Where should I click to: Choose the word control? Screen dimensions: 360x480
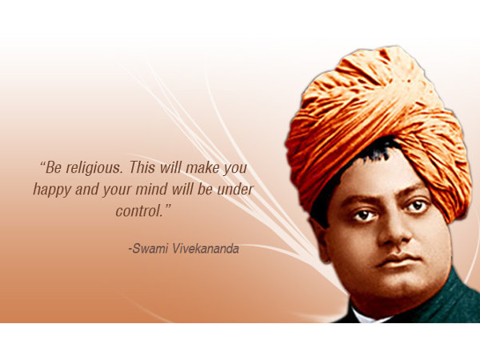[139, 211]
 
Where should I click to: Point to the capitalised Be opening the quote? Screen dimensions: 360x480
[53, 170]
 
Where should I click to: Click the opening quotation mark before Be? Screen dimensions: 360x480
[42, 166]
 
